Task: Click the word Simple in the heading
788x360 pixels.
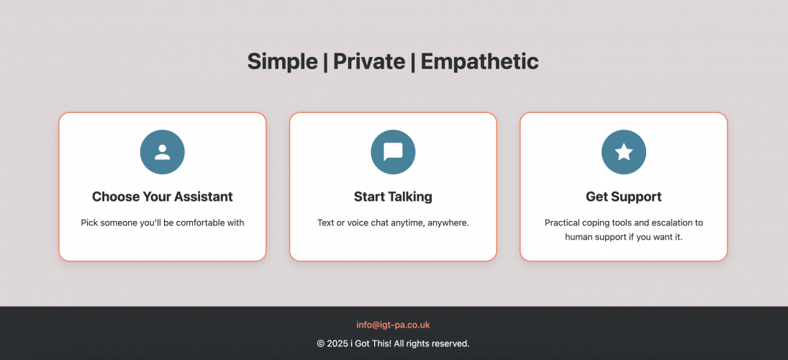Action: click(x=282, y=62)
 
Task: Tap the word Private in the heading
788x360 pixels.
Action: click(x=369, y=62)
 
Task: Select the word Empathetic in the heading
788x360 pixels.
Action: click(x=479, y=62)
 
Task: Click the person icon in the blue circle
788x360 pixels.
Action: click(x=163, y=152)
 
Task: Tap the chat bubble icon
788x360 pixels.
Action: click(x=393, y=152)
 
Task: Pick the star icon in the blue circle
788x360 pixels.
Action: click(x=624, y=152)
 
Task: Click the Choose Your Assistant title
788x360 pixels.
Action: click(x=163, y=197)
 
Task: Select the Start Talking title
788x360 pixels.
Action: click(x=393, y=197)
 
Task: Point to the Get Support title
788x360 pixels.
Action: click(x=624, y=197)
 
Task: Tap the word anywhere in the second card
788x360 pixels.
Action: click(x=448, y=223)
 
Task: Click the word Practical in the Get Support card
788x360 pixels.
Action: click(x=562, y=223)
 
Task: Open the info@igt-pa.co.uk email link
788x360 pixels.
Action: click(x=393, y=325)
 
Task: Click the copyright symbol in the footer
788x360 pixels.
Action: click(x=321, y=344)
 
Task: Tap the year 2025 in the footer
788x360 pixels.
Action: click(x=338, y=344)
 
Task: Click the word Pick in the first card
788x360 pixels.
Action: click(x=89, y=223)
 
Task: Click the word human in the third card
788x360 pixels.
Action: click(x=580, y=237)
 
